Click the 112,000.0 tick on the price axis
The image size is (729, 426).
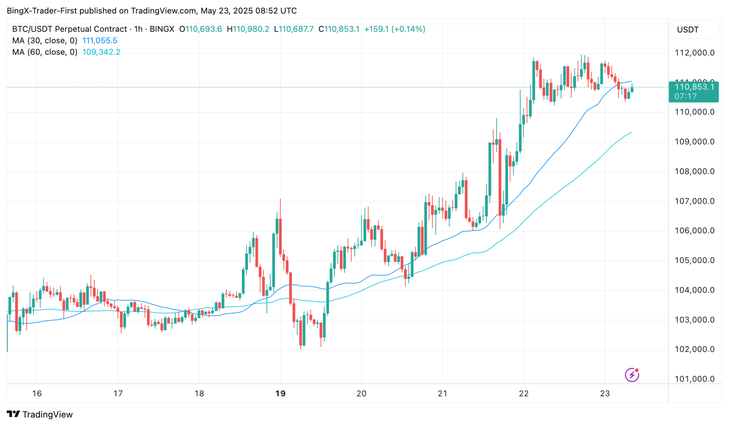pyautogui.click(x=694, y=53)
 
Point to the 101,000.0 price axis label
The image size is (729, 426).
pyautogui.click(x=694, y=379)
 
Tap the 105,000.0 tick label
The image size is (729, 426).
pyautogui.click(x=694, y=260)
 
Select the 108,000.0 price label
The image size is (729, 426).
pyautogui.click(x=694, y=171)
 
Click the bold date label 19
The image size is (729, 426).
pyautogui.click(x=280, y=393)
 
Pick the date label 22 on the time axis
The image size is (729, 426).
pyautogui.click(x=524, y=393)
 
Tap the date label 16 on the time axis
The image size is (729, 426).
pyautogui.click(x=37, y=393)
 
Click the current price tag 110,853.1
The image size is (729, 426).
pyautogui.click(x=694, y=87)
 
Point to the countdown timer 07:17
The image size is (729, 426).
pyautogui.click(x=685, y=97)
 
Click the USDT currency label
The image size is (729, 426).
pyautogui.click(x=688, y=30)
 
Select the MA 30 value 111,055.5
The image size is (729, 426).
pyautogui.click(x=100, y=41)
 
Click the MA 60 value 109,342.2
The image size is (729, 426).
pyautogui.click(x=101, y=52)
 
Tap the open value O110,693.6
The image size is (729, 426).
pyautogui.click(x=200, y=29)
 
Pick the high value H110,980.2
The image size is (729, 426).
pyautogui.click(x=248, y=29)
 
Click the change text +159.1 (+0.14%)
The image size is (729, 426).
pyautogui.click(x=394, y=29)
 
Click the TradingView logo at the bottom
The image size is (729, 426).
pyautogui.click(x=40, y=414)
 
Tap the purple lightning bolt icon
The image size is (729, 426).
pyautogui.click(x=632, y=375)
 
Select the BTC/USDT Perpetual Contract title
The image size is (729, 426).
pyautogui.click(x=69, y=29)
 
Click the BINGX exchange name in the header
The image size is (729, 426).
pyautogui.click(x=162, y=29)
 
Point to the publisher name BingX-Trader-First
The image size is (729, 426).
pyautogui.click(x=42, y=11)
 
